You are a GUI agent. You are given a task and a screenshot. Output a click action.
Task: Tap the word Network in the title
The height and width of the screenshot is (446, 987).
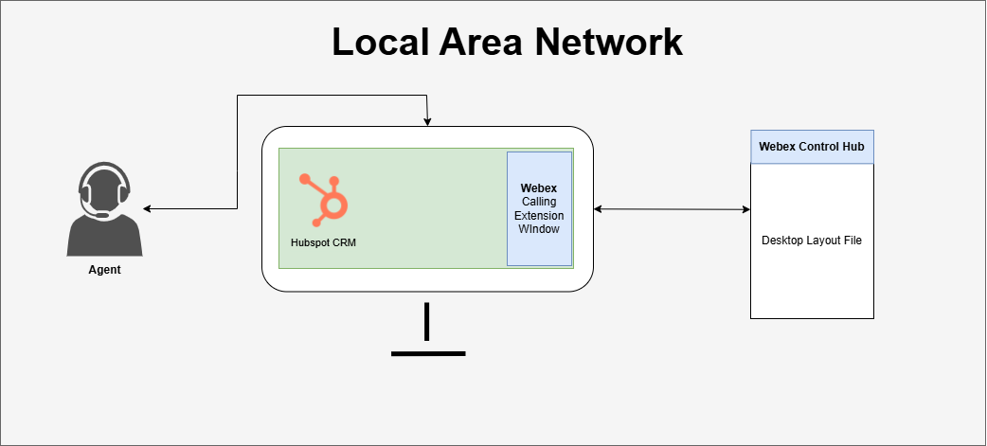[613, 43]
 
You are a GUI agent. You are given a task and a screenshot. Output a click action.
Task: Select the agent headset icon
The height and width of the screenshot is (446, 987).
[104, 210]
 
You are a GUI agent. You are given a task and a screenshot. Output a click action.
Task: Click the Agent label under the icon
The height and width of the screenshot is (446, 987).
[104, 270]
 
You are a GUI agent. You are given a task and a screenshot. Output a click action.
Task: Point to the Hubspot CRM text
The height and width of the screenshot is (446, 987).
[323, 242]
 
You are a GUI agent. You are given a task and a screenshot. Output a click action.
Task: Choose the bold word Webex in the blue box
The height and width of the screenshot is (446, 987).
[539, 187]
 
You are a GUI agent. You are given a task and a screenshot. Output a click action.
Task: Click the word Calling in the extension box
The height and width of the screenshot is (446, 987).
[539, 202]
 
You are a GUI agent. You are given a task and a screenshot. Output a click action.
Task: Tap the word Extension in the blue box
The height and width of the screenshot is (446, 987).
[539, 216]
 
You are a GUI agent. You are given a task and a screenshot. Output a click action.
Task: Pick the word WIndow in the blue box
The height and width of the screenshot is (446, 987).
[539, 229]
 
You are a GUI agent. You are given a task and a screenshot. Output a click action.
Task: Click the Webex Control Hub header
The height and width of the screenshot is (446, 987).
[812, 147]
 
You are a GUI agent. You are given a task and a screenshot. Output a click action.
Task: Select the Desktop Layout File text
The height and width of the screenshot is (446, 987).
[812, 241]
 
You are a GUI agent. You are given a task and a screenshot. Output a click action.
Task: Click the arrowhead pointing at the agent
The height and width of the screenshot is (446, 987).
[148, 208]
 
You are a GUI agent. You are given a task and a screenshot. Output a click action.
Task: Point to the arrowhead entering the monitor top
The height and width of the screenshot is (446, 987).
[428, 121]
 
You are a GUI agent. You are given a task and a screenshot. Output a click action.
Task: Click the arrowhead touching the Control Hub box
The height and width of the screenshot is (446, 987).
[745, 208]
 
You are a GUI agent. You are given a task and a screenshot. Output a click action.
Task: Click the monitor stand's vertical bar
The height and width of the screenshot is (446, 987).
[427, 321]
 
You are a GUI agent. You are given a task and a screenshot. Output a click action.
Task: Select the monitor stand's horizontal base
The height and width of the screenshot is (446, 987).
[428, 353]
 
